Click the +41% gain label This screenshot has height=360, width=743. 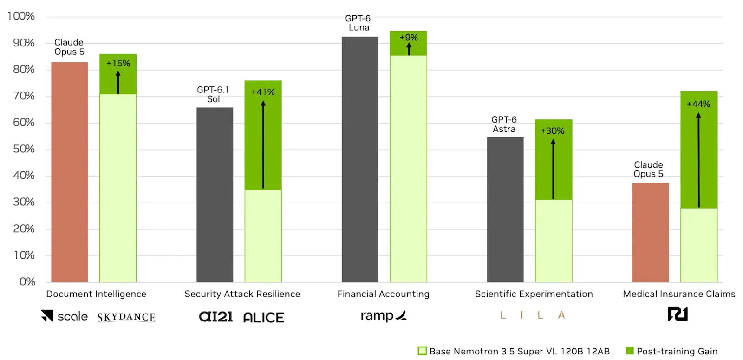point(263,92)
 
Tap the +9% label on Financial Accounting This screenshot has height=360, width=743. point(409,38)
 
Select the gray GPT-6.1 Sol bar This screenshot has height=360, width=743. point(215,195)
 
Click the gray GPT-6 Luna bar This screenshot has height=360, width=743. point(360,159)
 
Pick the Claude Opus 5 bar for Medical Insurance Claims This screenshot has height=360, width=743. point(651,233)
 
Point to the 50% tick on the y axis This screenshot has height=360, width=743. point(24,149)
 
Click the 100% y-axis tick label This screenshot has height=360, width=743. point(21,16)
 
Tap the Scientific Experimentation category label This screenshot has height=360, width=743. point(534,294)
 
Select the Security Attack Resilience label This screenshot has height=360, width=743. point(242,294)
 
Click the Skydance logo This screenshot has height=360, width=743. point(126,317)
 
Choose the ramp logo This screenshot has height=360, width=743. point(384,315)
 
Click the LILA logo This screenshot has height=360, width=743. point(532,315)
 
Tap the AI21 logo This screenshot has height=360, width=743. point(215,316)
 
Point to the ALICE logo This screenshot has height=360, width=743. point(264,318)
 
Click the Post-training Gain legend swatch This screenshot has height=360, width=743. point(630,351)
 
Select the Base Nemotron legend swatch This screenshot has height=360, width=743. point(422,351)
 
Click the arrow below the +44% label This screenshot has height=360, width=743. point(698,160)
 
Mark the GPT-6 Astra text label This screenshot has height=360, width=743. point(504,124)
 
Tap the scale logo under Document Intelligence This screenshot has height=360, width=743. point(65,316)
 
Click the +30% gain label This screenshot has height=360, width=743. point(553,131)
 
